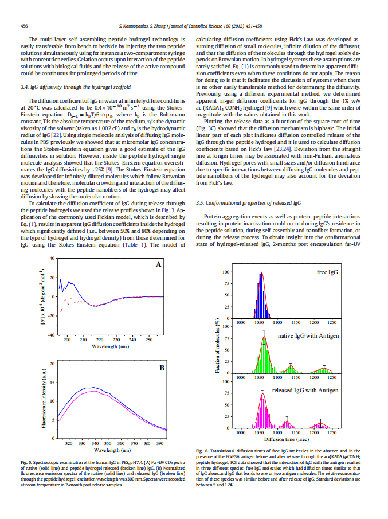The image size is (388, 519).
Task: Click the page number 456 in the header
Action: click(24, 26)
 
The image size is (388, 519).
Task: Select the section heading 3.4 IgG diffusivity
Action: click(76, 87)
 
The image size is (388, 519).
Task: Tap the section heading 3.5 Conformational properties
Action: click(248, 203)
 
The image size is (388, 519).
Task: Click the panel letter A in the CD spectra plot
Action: click(158, 264)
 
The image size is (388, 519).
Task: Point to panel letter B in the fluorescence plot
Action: click(162, 368)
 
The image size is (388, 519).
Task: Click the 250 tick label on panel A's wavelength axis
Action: click(149, 340)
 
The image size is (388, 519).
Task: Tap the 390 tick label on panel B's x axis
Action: click(160, 443)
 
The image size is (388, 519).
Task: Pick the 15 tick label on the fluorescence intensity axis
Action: click(52, 383)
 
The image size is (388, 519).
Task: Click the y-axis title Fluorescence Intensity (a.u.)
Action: click(44, 399)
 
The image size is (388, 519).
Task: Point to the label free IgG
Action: click(327, 272)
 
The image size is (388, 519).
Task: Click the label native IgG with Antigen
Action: click(308, 336)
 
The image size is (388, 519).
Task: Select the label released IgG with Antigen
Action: click(305, 391)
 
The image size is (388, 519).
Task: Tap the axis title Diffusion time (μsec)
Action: click(287, 439)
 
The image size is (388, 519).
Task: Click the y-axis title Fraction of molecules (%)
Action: click(217, 345)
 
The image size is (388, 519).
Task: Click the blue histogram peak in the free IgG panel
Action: click(261, 295)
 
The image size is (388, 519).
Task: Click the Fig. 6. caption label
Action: click(202, 451)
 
